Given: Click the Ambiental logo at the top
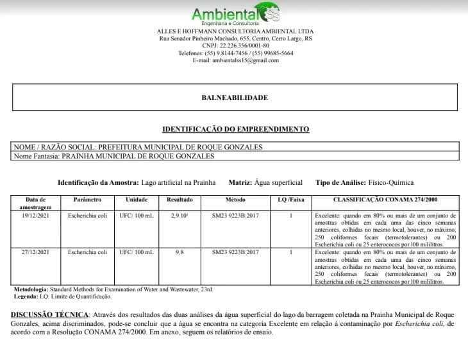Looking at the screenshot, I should coord(235,14).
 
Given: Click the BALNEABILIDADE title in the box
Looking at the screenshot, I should coord(235,98).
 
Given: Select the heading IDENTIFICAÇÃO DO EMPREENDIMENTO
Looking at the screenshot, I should coord(235,129).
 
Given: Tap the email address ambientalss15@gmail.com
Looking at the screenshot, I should coord(235,60).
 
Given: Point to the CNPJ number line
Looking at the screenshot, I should coord(235,46).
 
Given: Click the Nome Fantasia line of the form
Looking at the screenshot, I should coord(114,155).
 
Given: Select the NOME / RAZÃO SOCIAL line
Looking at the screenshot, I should coord(138,147).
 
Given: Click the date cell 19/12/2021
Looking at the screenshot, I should coord(35,216).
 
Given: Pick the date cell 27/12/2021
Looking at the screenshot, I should coord(35,253).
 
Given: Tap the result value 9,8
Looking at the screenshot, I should coord(180,253).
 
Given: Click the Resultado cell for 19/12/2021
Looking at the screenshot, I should coord(180,216).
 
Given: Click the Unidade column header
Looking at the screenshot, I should coord(137,200).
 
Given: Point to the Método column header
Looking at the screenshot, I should coord(235,200).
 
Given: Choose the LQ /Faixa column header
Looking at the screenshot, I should coord(290,200).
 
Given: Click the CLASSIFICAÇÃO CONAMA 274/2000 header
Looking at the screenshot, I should coord(385,200).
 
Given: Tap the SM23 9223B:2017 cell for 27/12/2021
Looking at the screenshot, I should coord(235,253).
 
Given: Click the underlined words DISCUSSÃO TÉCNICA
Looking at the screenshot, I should coord(49,315).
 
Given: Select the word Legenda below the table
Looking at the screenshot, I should coord(26,296).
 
